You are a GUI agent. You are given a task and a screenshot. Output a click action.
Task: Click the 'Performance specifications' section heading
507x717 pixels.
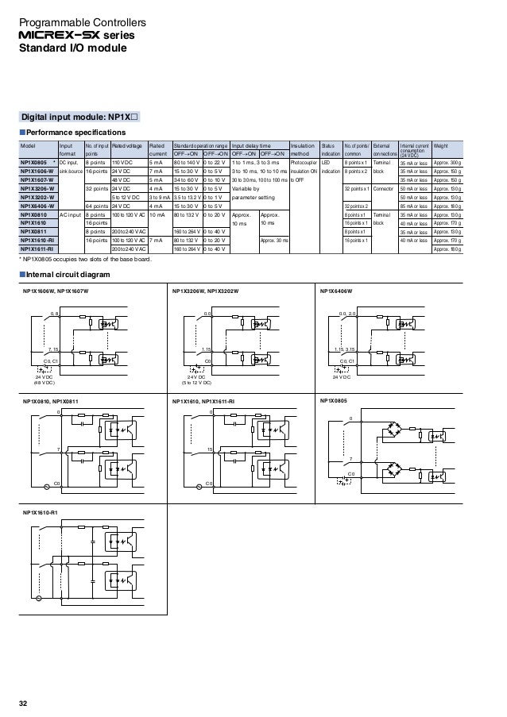(x=76, y=131)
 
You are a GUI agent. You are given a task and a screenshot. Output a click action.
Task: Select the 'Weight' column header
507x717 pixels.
(x=441, y=146)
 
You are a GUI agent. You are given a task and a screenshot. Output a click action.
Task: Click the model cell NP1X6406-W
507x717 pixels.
(x=37, y=206)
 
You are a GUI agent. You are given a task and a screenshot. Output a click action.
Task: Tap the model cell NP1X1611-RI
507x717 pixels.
(x=37, y=249)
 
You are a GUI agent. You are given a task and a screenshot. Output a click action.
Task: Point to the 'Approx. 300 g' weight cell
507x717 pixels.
(x=447, y=162)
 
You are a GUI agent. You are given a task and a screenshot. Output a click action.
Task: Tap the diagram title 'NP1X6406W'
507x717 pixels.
(x=335, y=292)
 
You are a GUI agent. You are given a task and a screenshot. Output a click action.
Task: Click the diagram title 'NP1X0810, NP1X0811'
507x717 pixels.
(x=55, y=402)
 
